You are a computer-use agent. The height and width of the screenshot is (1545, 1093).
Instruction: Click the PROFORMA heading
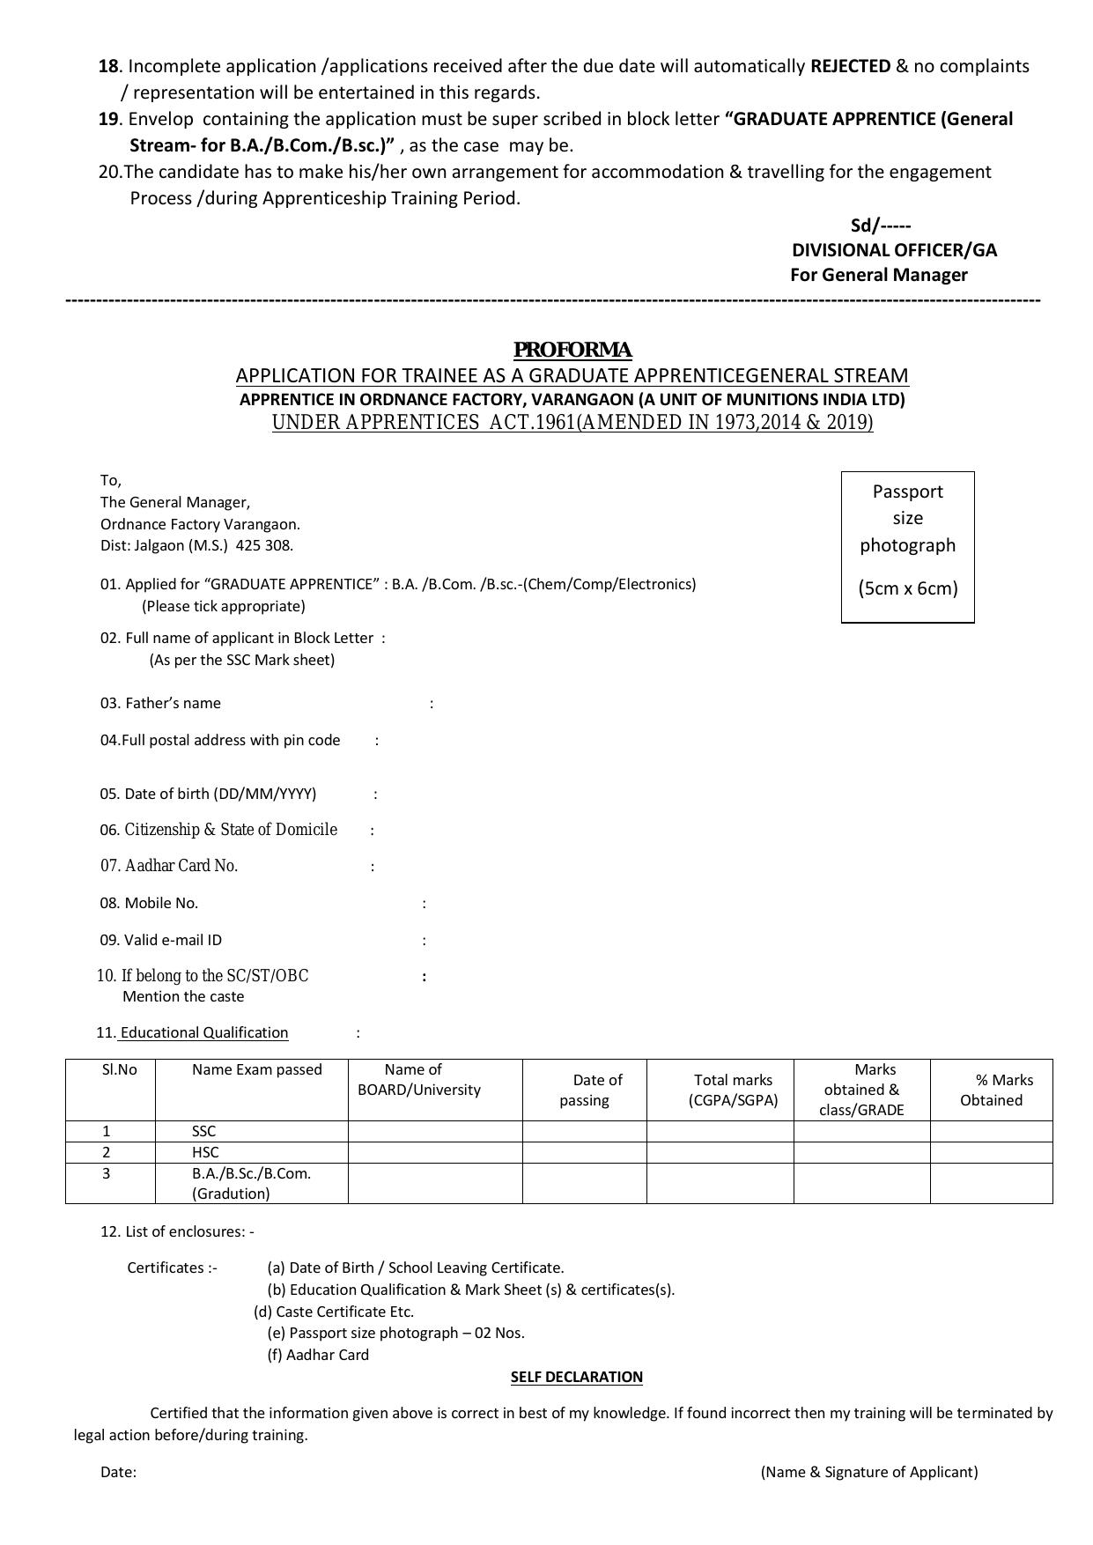coord(572,350)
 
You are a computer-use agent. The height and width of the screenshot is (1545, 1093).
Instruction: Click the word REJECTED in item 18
coord(850,66)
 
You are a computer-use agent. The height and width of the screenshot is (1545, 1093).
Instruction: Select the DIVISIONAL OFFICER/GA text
coord(894,250)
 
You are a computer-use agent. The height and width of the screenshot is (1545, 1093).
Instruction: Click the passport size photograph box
coord(907,546)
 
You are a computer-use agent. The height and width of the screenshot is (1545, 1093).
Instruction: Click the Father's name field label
coord(173,703)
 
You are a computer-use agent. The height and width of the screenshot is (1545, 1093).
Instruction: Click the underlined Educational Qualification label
coord(203,1032)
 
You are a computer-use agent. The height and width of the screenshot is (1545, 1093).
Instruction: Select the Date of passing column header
coord(585,1090)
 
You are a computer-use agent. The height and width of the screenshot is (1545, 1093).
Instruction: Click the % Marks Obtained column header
coord(992,1090)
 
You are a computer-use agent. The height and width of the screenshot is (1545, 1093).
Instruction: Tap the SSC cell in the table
coord(203,1131)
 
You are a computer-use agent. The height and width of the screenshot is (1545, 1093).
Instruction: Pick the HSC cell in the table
coord(204,1152)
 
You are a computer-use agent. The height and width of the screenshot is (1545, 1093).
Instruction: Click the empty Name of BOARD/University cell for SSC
coord(435,1131)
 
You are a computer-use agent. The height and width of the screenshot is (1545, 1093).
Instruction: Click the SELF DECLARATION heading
coord(577,1377)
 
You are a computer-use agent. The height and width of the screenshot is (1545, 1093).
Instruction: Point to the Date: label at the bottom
coord(118,1472)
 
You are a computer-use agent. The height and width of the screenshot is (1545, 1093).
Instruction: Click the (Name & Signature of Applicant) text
coord(869,1472)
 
